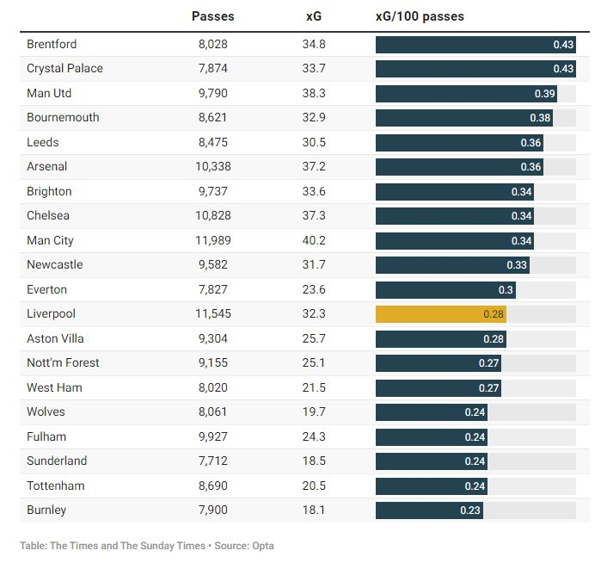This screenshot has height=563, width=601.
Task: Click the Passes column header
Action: click(212, 16)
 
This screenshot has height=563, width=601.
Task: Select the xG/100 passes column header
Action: click(420, 16)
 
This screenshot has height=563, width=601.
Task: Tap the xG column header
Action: click(315, 16)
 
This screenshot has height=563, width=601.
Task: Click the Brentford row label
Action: click(52, 44)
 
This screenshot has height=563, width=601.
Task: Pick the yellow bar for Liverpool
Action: click(440, 314)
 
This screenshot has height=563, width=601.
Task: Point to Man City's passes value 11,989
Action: click(212, 240)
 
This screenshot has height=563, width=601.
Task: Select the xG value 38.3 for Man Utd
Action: click(315, 93)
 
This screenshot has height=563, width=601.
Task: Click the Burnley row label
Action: click(46, 510)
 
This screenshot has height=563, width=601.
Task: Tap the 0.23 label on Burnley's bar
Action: click(470, 510)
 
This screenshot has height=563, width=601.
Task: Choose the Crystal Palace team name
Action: click(64, 69)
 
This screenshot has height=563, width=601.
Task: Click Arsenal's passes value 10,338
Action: click(212, 166)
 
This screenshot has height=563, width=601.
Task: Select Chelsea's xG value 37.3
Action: click(315, 215)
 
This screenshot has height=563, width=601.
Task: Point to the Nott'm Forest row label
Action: click(63, 363)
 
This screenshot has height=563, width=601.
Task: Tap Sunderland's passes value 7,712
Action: click(212, 461)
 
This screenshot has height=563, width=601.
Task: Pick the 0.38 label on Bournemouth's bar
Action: click(540, 118)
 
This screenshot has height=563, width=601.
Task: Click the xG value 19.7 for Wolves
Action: click(315, 412)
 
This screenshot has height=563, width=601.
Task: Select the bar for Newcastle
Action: click(452, 265)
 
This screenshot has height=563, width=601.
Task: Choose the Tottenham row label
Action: click(56, 486)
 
